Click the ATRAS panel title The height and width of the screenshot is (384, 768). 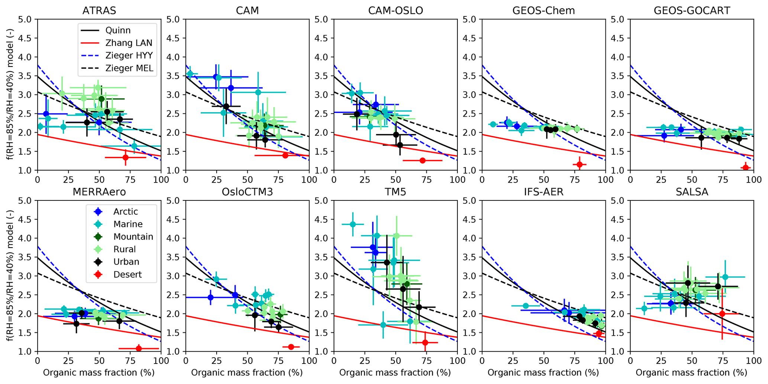(99, 10)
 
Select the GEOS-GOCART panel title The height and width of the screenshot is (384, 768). (692, 10)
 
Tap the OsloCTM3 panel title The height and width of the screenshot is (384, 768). (247, 192)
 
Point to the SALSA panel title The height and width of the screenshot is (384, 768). (692, 192)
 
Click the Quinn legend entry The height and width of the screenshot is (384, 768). (118, 30)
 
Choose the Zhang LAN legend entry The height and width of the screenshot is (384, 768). (129, 43)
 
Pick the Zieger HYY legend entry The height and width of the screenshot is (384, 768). (129, 56)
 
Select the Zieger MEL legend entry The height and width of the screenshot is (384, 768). (129, 68)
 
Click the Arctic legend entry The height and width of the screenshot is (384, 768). (126, 212)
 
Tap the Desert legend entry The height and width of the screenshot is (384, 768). (127, 275)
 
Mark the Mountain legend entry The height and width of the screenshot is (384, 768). (133, 237)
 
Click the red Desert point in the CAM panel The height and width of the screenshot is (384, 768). (285, 155)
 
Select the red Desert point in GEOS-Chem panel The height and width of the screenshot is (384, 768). (579, 164)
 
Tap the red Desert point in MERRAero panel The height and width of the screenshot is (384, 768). (139, 348)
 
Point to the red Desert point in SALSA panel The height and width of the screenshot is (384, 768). (722, 314)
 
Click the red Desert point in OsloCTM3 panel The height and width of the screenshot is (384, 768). (291, 347)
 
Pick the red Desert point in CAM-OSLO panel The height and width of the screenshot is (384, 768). (422, 161)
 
